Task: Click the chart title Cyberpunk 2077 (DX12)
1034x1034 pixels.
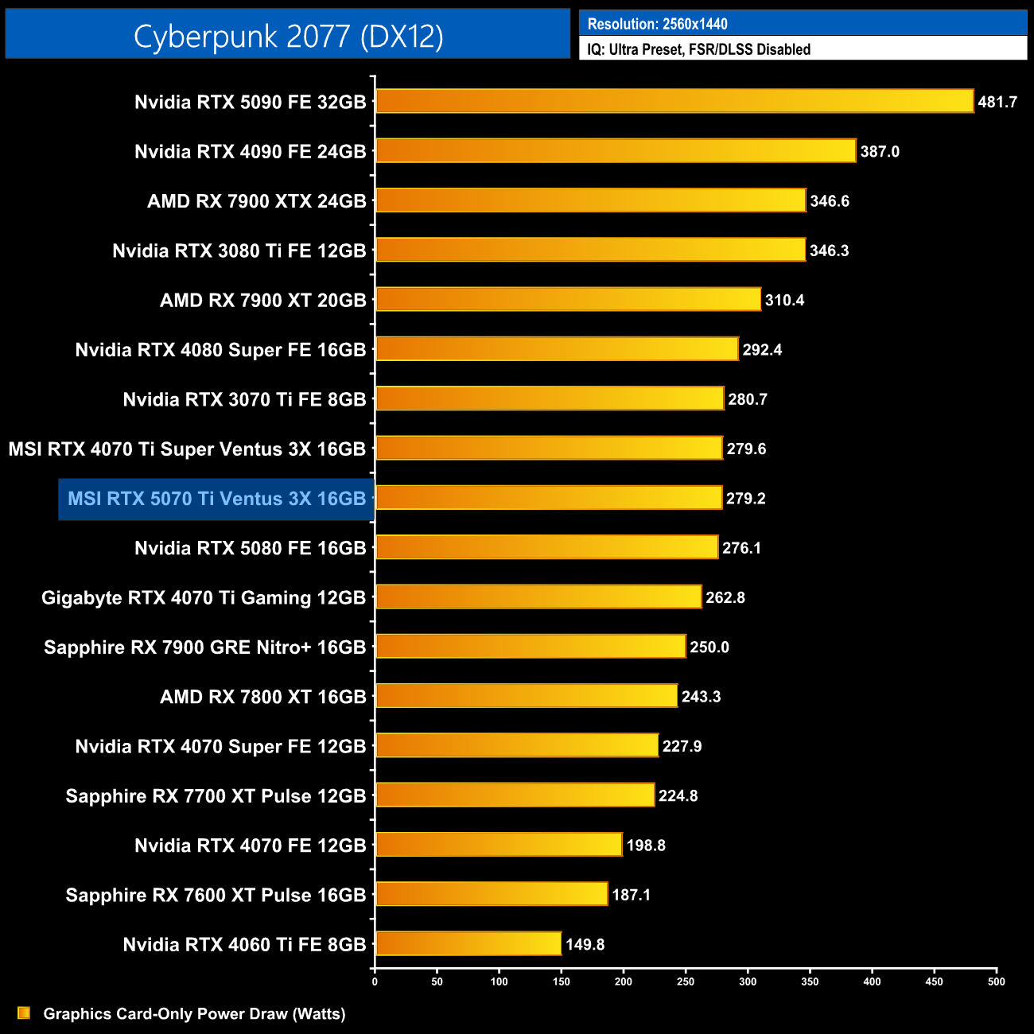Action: [x=288, y=36]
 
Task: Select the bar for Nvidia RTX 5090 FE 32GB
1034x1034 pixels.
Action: [x=674, y=101]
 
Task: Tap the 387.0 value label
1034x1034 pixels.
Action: [x=880, y=151]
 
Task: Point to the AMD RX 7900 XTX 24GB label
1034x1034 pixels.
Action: [x=256, y=201]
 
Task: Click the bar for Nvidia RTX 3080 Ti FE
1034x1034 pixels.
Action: [x=590, y=250]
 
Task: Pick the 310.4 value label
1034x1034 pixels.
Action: [x=784, y=300]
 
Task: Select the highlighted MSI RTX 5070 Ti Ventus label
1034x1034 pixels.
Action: [x=216, y=499]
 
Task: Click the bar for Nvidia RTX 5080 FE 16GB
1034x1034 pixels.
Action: [x=546, y=547]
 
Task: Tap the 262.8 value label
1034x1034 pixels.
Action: [x=725, y=597]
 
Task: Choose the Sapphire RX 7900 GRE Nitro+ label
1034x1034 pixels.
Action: [x=204, y=647]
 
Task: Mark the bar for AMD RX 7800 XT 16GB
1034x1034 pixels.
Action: [x=526, y=696]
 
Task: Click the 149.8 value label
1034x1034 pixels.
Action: [x=585, y=944]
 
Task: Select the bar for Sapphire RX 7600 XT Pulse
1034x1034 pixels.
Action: [x=492, y=894]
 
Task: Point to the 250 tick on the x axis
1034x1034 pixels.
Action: [x=686, y=982]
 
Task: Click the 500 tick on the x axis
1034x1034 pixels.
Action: [x=996, y=982]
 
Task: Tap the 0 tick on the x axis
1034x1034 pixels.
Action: [x=375, y=982]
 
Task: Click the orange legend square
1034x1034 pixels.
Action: [x=24, y=1013]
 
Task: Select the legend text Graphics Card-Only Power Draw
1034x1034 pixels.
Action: [x=194, y=1013]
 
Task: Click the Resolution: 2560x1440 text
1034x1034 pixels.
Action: [x=657, y=24]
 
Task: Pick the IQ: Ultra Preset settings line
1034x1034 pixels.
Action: [x=698, y=49]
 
